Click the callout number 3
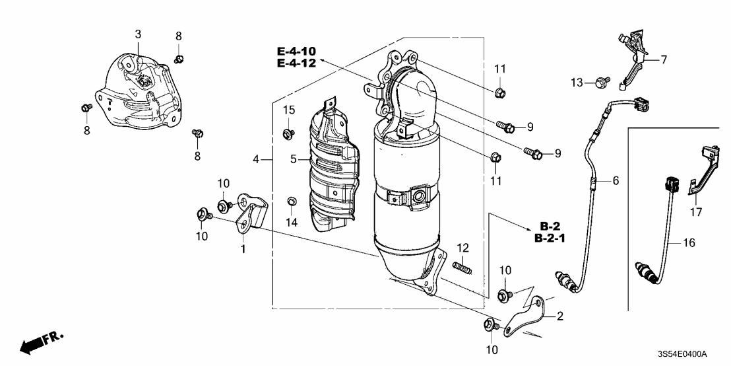(x=138, y=33)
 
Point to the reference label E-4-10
(x=296, y=50)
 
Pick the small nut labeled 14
(x=291, y=200)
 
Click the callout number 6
(x=616, y=180)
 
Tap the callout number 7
(x=664, y=59)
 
